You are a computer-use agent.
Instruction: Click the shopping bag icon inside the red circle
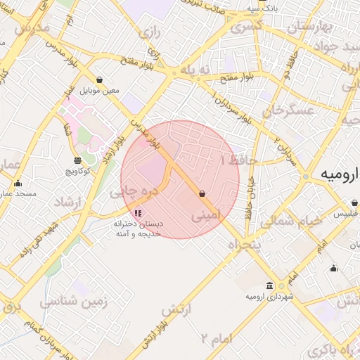coord(202,193)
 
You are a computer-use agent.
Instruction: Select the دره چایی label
coord(129,191)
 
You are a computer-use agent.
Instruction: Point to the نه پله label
coord(195,71)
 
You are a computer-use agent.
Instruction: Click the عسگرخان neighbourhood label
coord(286,111)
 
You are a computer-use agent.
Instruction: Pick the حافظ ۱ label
coord(240,161)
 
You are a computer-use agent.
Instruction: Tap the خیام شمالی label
coord(291,221)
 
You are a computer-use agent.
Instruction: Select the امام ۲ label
coord(214,339)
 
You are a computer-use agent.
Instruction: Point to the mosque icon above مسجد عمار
coord(18,183)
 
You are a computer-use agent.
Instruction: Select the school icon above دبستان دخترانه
coord(138,212)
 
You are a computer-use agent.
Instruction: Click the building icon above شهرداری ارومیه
coord(270,285)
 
